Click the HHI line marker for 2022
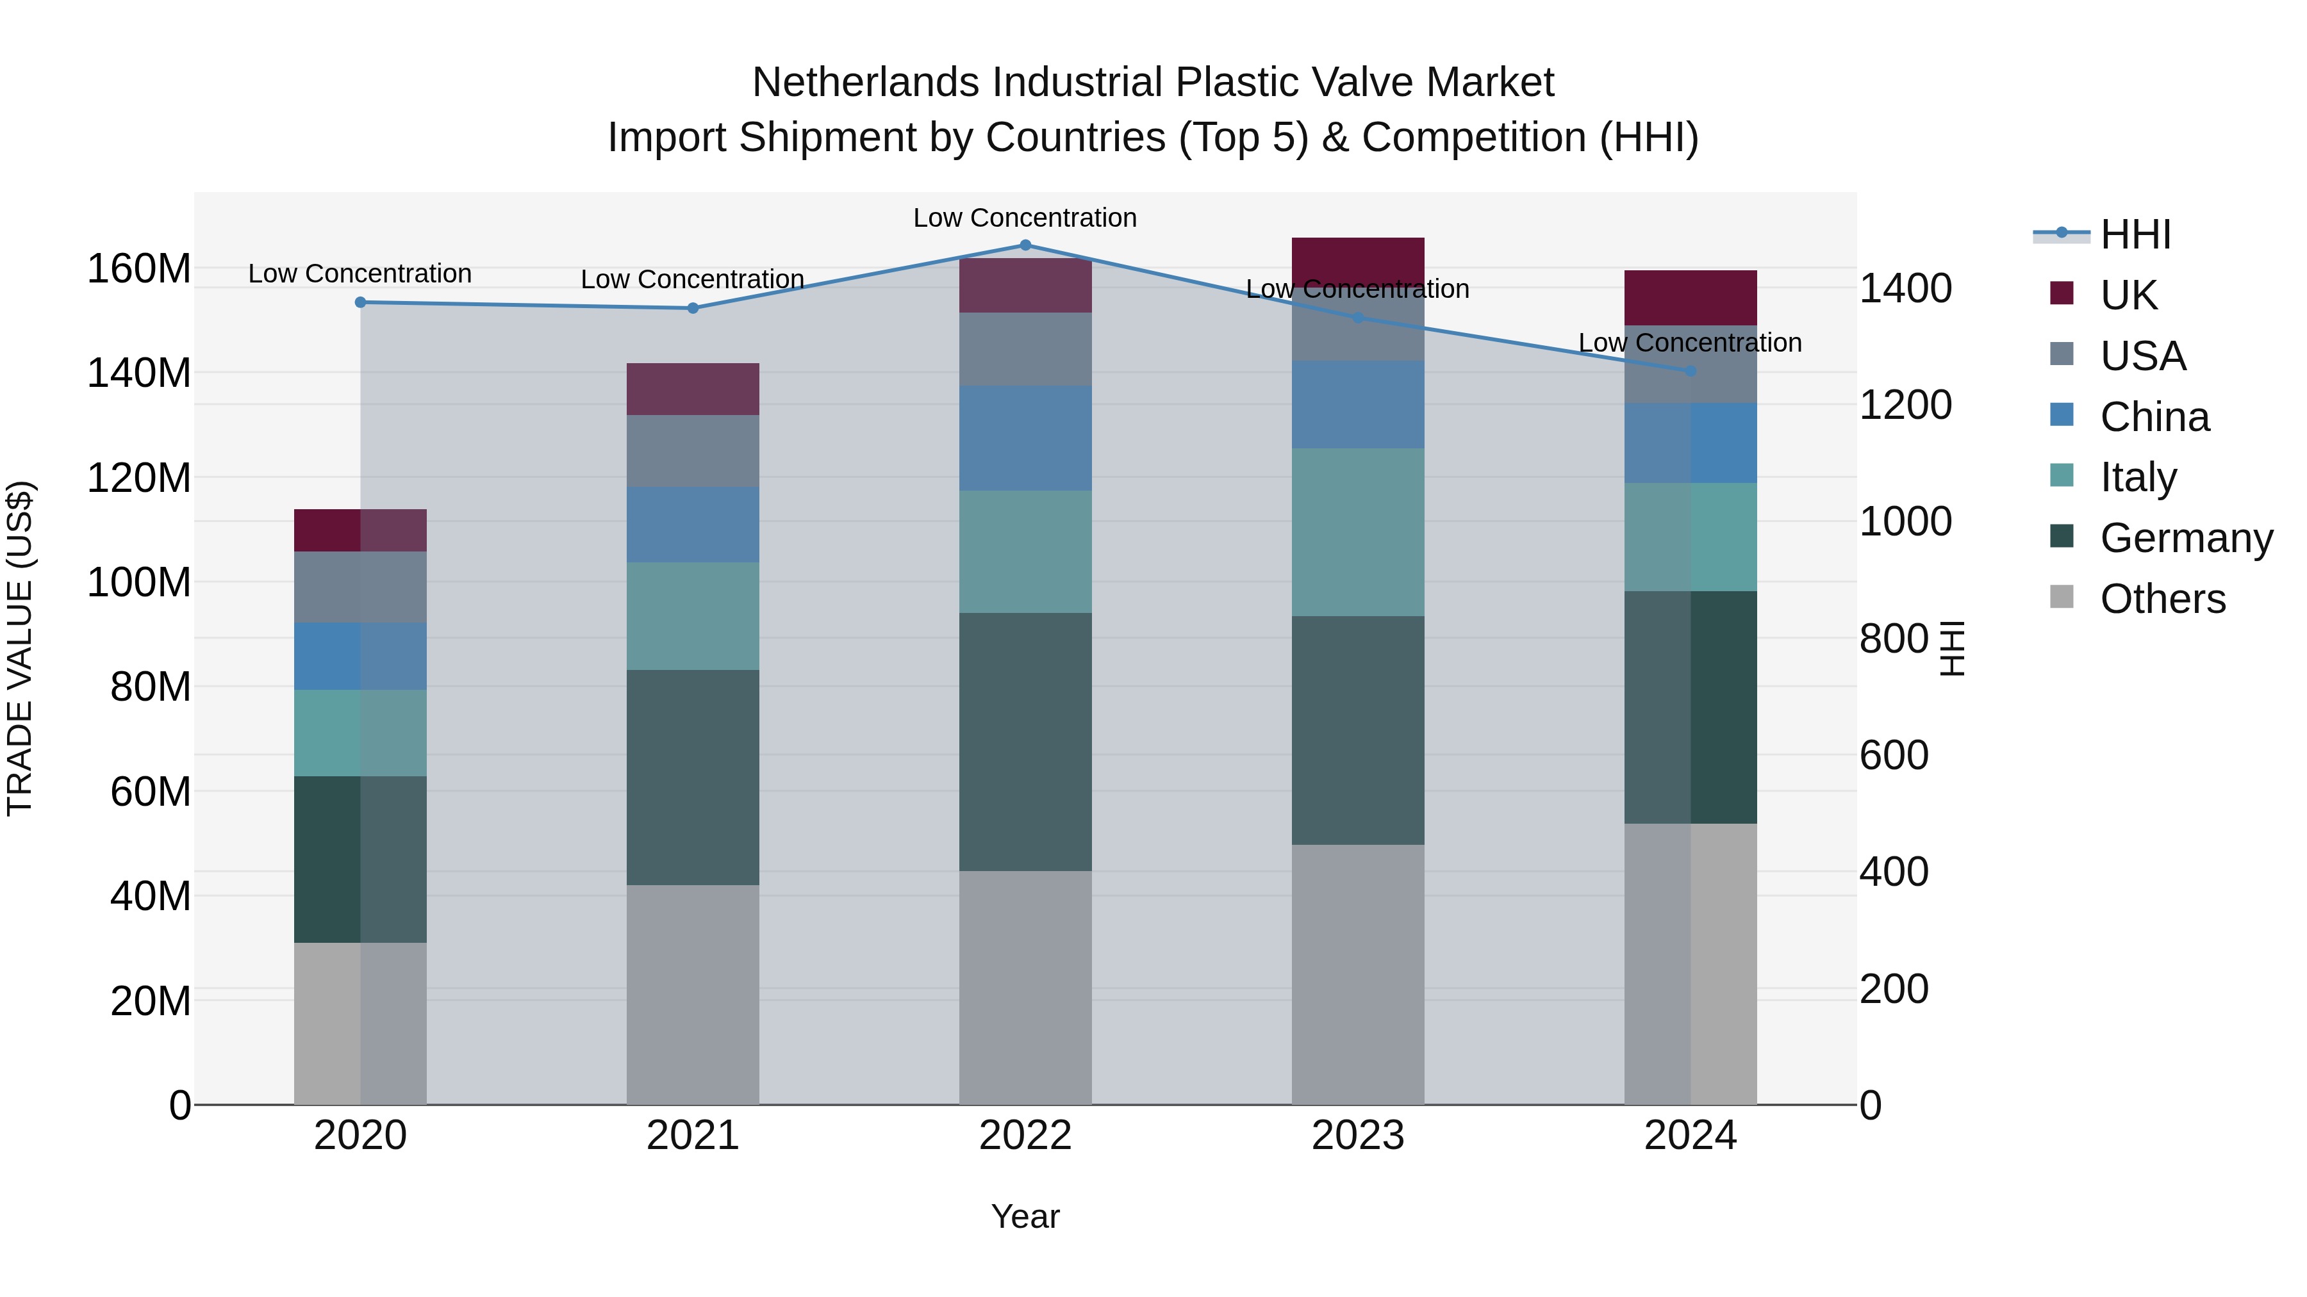point(1025,245)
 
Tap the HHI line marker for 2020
point(360,302)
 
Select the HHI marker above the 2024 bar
point(1690,371)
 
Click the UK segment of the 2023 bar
point(1358,261)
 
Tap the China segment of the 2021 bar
point(692,525)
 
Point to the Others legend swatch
point(2062,597)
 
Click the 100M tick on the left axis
point(139,583)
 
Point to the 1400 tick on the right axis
point(1906,288)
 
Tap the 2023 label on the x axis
point(1358,1136)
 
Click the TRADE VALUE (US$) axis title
point(20,648)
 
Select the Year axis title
point(1025,1216)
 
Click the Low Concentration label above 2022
point(1025,218)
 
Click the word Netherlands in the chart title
point(865,83)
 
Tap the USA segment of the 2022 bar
point(1025,349)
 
